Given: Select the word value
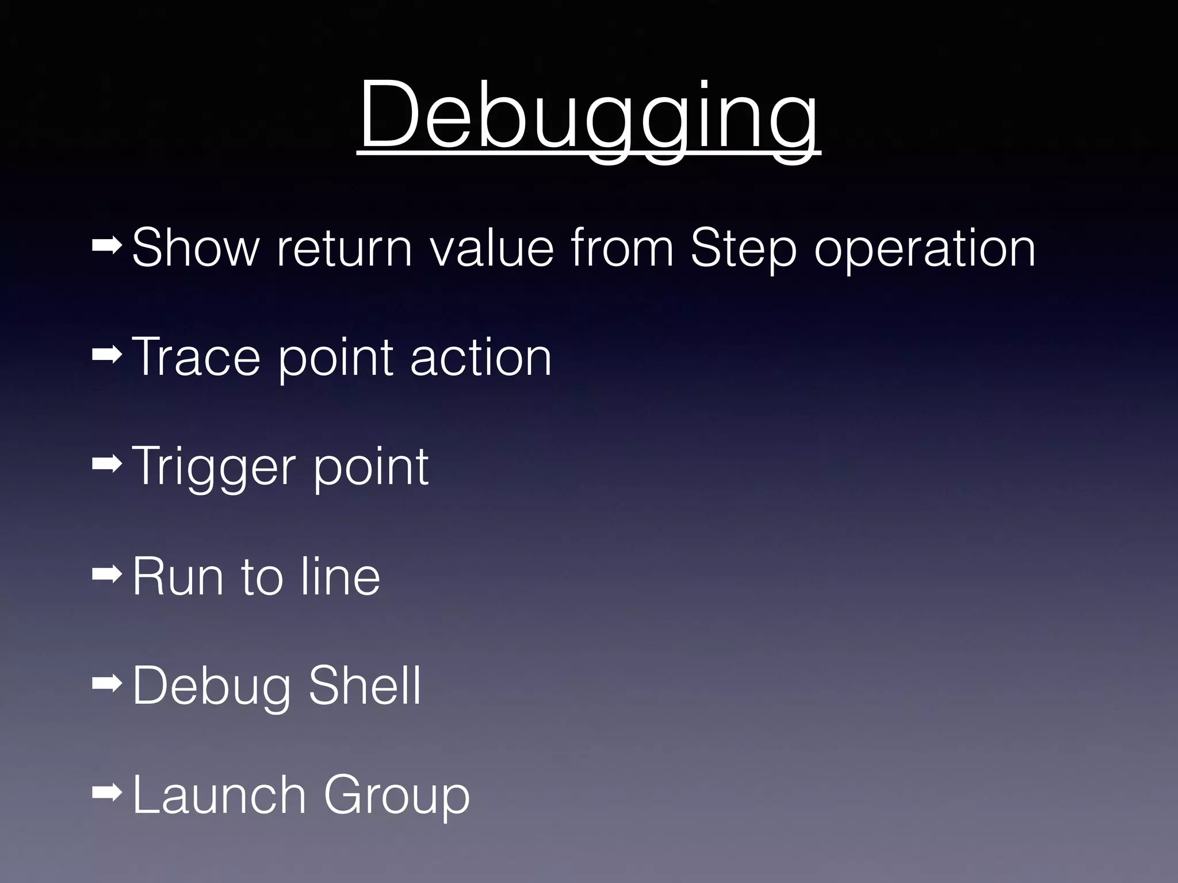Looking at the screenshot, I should (492, 248).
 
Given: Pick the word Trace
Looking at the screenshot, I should (196, 357).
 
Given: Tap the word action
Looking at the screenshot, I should (481, 357).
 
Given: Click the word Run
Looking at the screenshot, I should (178, 577).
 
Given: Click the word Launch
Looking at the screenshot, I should (219, 794).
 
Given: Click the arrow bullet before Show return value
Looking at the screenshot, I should (106, 247).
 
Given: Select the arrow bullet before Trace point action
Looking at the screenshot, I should (106, 356).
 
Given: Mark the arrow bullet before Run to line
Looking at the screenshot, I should (106, 573).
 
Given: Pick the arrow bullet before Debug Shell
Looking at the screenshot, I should (106, 684).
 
